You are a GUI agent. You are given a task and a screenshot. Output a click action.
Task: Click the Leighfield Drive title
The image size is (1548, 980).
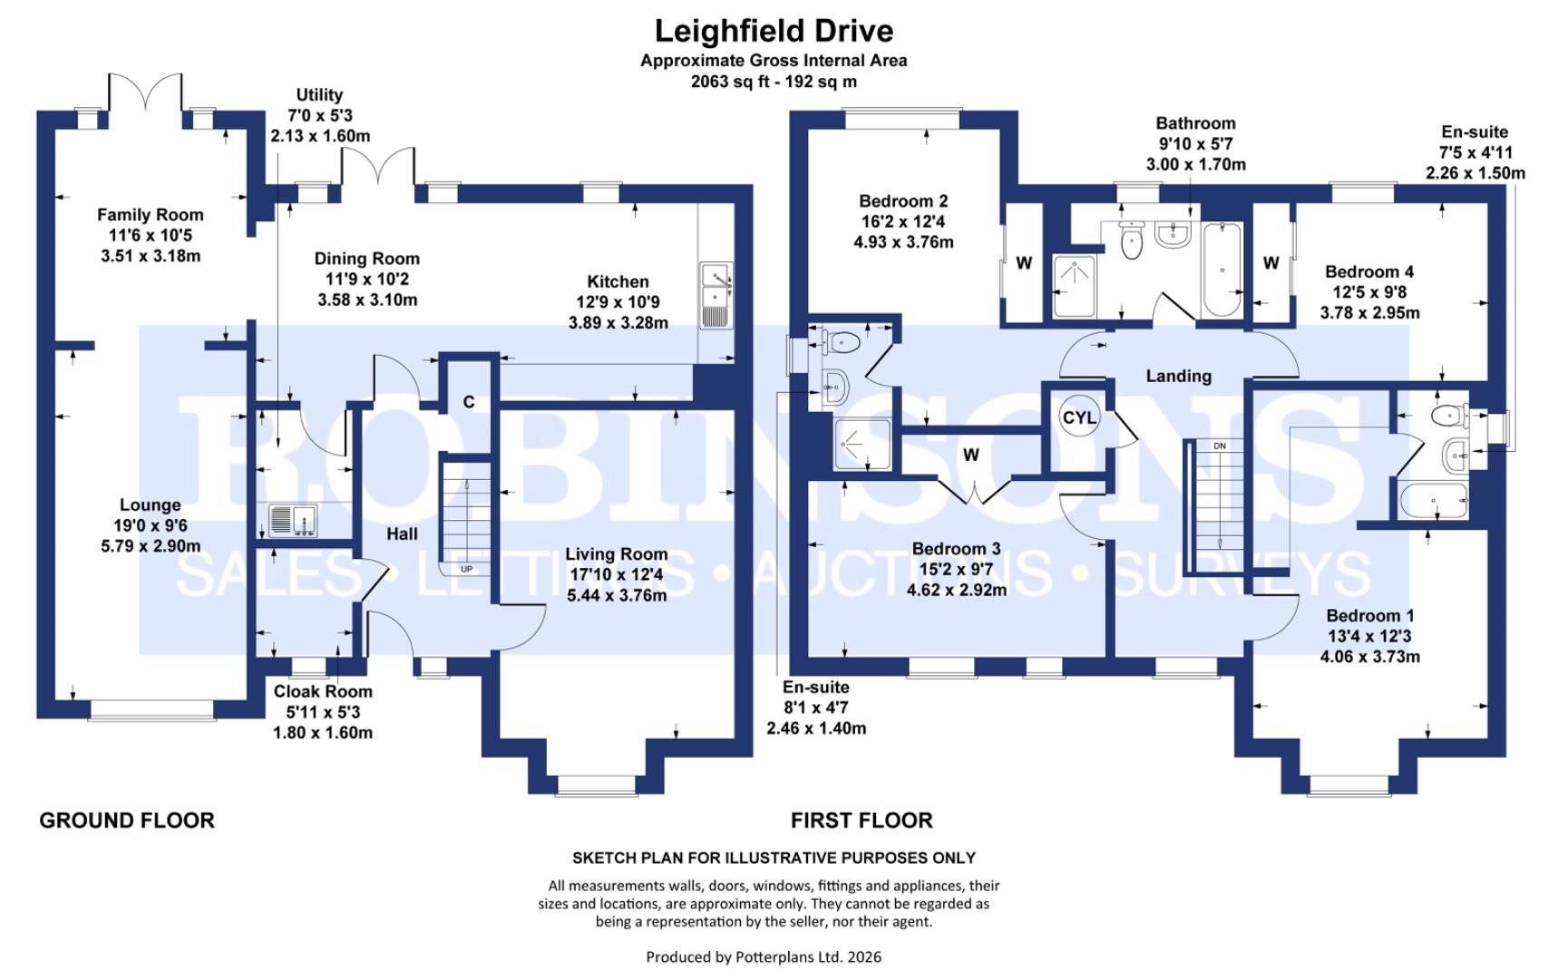coord(774,31)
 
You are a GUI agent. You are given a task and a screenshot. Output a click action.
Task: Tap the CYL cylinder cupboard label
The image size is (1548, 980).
coord(1078,418)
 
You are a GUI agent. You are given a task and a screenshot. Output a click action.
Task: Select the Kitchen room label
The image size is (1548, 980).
coord(618,282)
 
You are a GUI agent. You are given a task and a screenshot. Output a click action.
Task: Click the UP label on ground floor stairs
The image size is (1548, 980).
coord(466,570)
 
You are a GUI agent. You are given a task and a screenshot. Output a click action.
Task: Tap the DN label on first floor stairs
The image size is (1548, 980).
coord(1220,446)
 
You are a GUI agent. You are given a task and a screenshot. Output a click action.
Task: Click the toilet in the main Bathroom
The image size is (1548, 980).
coord(1131,240)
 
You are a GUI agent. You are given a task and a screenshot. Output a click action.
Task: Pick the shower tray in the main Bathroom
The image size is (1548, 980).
coord(1076,286)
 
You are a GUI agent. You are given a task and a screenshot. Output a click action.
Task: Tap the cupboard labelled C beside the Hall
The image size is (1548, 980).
coord(468,402)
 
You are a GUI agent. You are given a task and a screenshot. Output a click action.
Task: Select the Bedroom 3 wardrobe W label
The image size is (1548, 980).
coord(970,456)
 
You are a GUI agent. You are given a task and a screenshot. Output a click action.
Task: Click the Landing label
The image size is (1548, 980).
coord(1178,376)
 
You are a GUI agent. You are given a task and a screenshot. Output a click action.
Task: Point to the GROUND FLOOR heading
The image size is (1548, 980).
coord(127,820)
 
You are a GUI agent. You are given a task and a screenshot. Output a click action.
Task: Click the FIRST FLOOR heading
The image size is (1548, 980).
coord(861,820)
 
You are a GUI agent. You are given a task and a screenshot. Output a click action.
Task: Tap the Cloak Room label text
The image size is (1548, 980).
coord(323,691)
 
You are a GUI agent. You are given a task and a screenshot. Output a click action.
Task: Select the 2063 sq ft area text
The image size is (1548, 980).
coord(773,82)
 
